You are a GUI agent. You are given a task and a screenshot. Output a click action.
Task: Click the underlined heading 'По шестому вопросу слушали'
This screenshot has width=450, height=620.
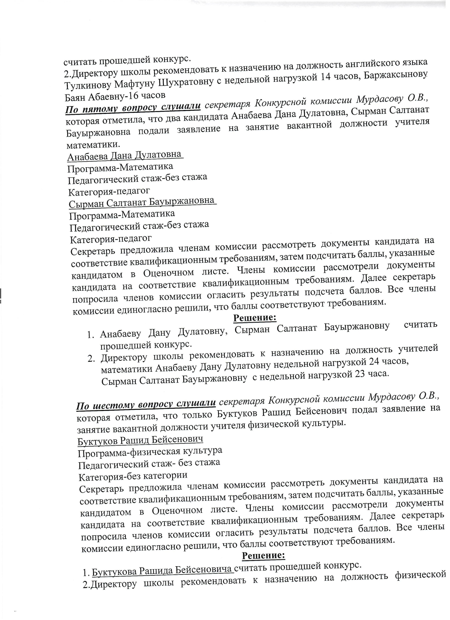146,403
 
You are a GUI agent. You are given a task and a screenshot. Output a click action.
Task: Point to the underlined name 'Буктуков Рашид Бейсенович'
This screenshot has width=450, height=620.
140,440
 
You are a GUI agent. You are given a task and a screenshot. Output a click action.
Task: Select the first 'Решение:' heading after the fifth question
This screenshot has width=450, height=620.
255,318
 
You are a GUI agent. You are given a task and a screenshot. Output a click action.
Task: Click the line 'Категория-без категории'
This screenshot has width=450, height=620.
133,476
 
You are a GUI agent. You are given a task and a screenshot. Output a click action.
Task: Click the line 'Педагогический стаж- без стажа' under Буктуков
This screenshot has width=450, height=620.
149,463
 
